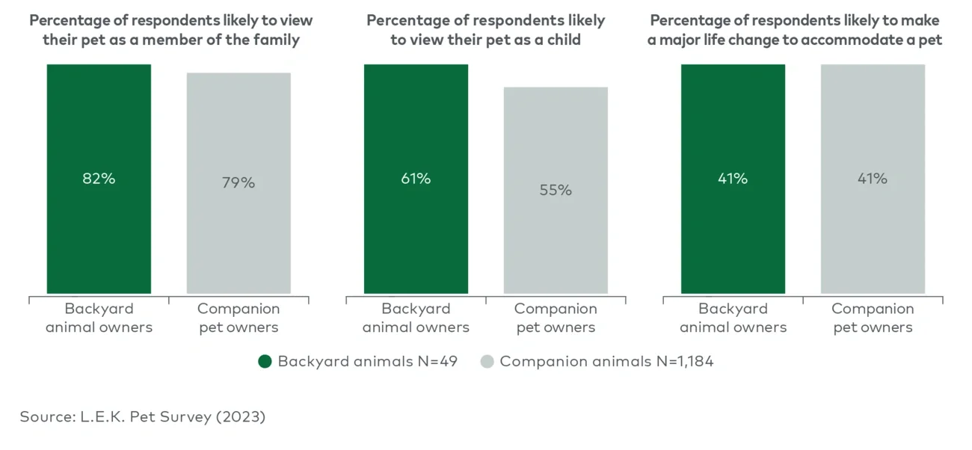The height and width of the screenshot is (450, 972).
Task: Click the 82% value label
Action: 99,179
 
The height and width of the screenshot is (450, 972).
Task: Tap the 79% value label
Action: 239,183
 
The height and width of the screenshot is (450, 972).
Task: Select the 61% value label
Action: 416,179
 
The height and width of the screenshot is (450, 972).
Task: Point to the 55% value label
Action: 556,191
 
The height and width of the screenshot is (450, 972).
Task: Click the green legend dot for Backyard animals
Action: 265,362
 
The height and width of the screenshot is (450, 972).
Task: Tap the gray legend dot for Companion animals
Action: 487,362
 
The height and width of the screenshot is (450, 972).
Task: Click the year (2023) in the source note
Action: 241,417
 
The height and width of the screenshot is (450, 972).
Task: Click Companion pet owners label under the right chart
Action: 873,318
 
